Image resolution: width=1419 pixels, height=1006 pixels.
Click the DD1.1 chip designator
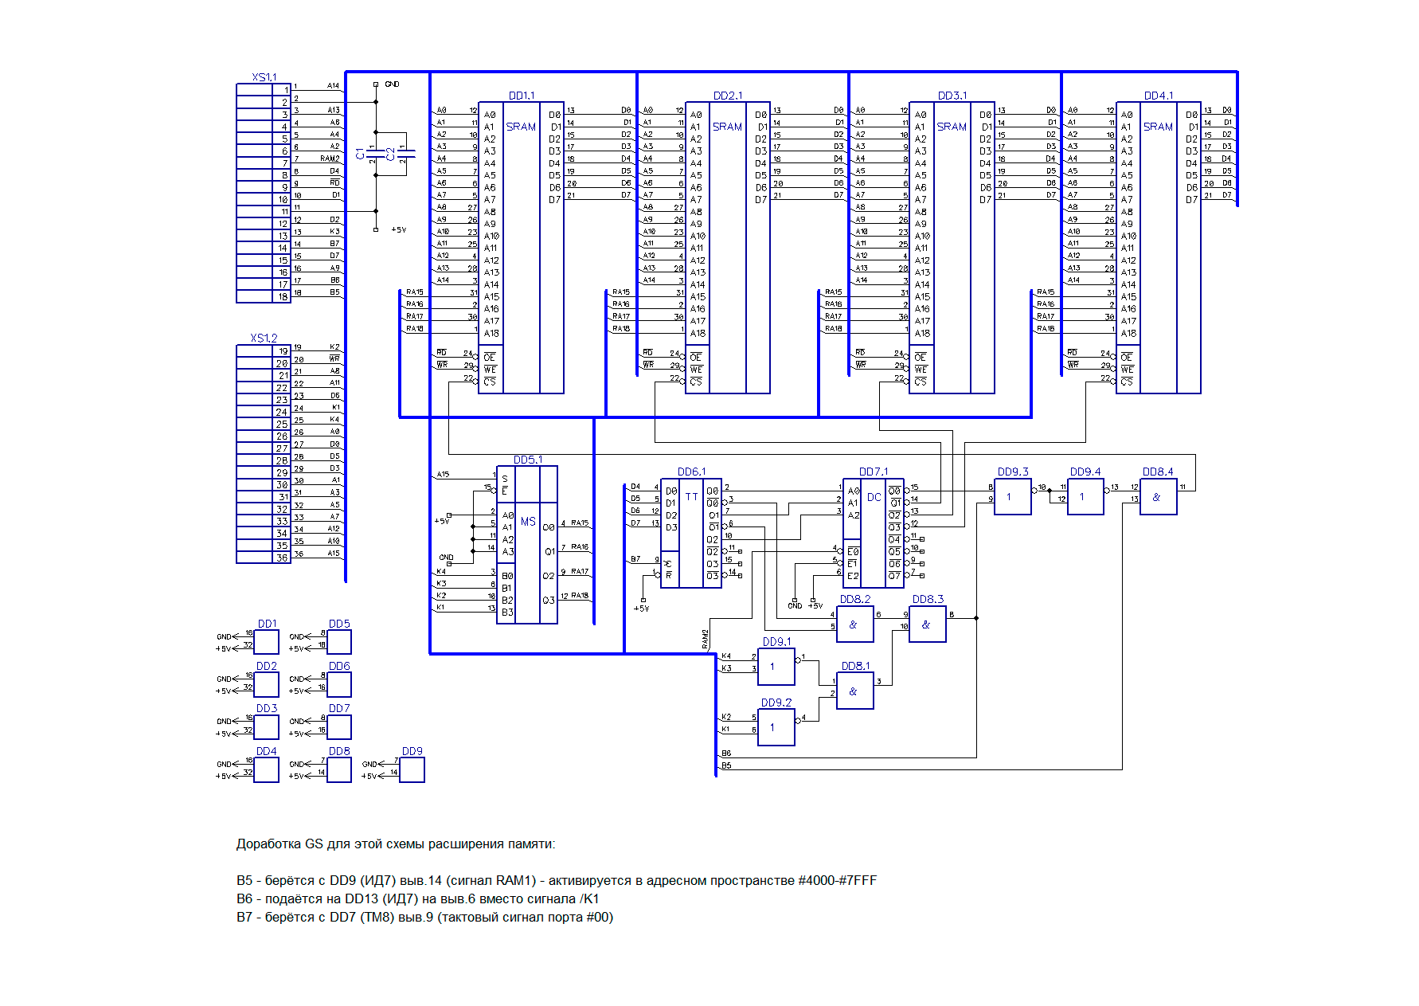pyautogui.click(x=522, y=96)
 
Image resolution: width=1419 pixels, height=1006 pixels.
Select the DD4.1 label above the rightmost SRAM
pyautogui.click(x=1158, y=96)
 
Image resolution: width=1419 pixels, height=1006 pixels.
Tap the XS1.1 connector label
pyautogui.click(x=264, y=77)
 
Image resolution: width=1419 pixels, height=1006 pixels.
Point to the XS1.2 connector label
pyautogui.click(x=264, y=338)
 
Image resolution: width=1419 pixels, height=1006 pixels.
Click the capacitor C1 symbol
pyautogui.click(x=375, y=152)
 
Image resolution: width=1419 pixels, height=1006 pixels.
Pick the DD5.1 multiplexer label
pyautogui.click(x=528, y=460)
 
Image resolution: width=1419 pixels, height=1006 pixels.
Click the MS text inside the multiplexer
pyautogui.click(x=528, y=522)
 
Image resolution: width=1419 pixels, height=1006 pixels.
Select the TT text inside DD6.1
pyautogui.click(x=691, y=496)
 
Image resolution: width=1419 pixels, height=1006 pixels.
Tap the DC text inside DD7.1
pyautogui.click(x=874, y=497)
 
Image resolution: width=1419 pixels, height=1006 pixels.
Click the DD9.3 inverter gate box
pyautogui.click(x=1012, y=496)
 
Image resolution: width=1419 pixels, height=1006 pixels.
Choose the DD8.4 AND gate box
pyautogui.click(x=1158, y=496)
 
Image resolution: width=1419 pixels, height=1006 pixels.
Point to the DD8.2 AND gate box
pyautogui.click(x=854, y=624)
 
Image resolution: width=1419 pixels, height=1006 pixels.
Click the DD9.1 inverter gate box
pyautogui.click(x=776, y=666)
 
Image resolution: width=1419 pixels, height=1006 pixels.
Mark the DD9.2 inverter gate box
pyautogui.click(x=776, y=727)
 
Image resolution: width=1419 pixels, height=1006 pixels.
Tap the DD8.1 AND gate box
pyautogui.click(x=854, y=691)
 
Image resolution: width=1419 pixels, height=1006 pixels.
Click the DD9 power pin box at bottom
pyautogui.click(x=412, y=769)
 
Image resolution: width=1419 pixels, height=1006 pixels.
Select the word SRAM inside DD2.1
pyautogui.click(x=727, y=127)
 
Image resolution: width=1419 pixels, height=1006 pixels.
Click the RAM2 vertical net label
pyautogui.click(x=706, y=639)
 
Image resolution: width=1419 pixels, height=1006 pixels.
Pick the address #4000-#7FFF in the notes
pyautogui.click(x=837, y=880)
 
